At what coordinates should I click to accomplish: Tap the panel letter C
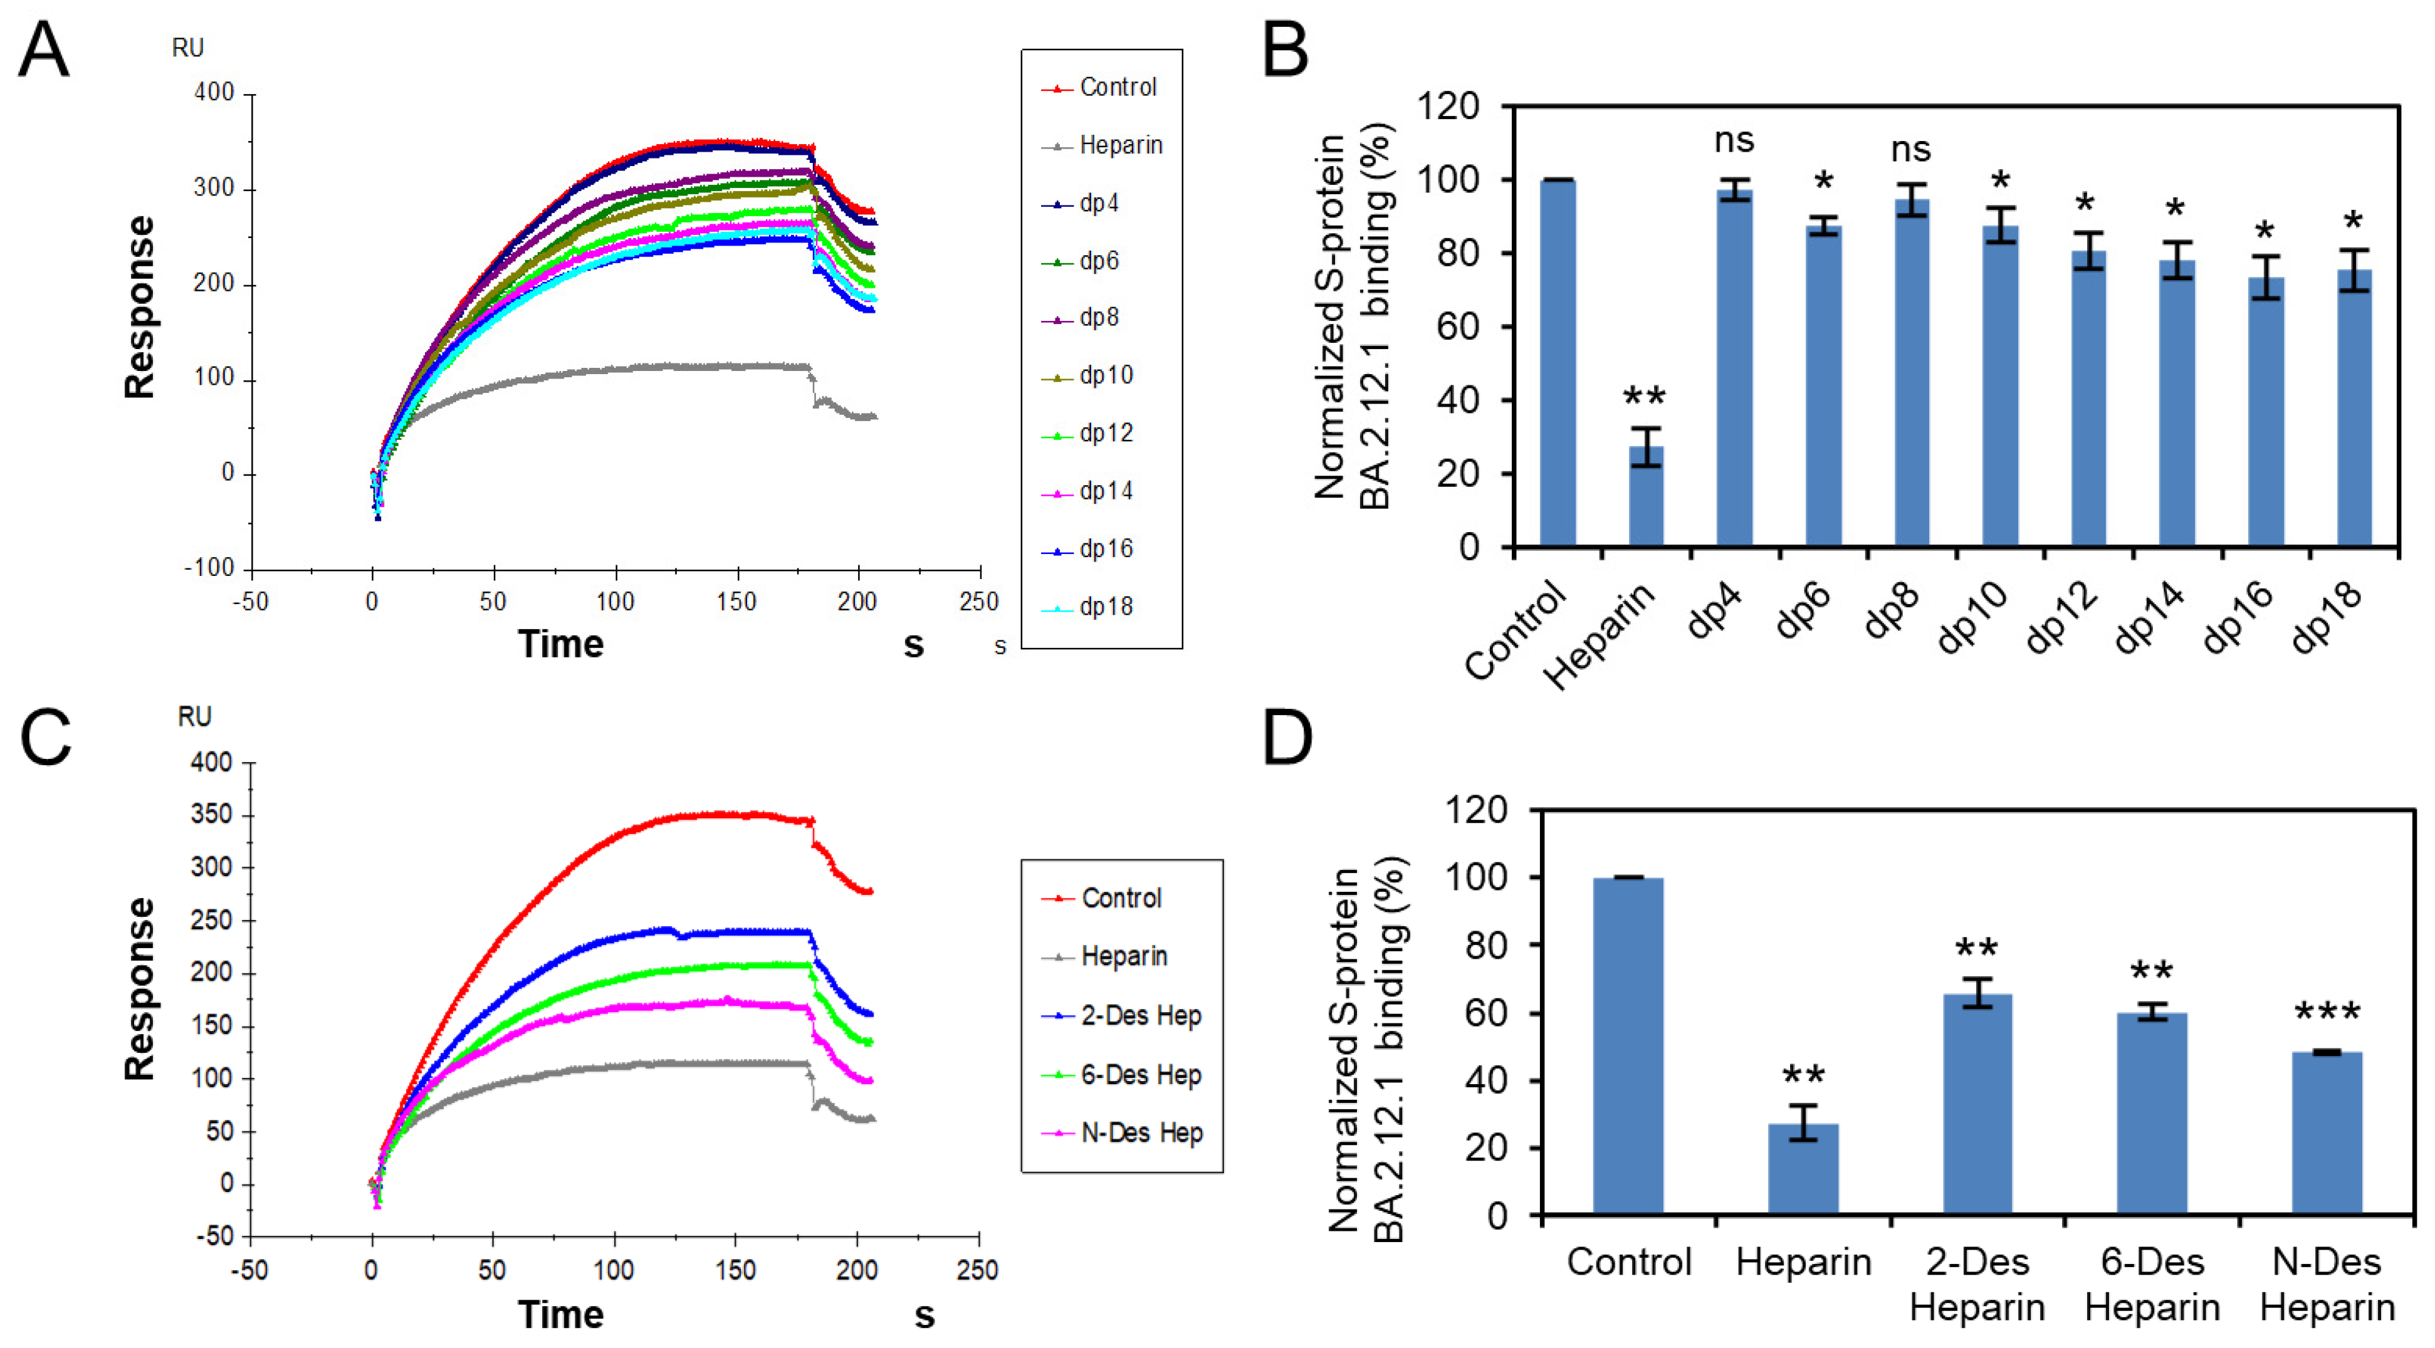click(x=45, y=738)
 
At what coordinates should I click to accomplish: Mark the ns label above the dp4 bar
click(x=1734, y=142)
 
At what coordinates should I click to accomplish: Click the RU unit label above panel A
click(x=187, y=47)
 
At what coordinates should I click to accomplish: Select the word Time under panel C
click(x=560, y=1315)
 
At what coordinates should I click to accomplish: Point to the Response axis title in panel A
click(x=140, y=306)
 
